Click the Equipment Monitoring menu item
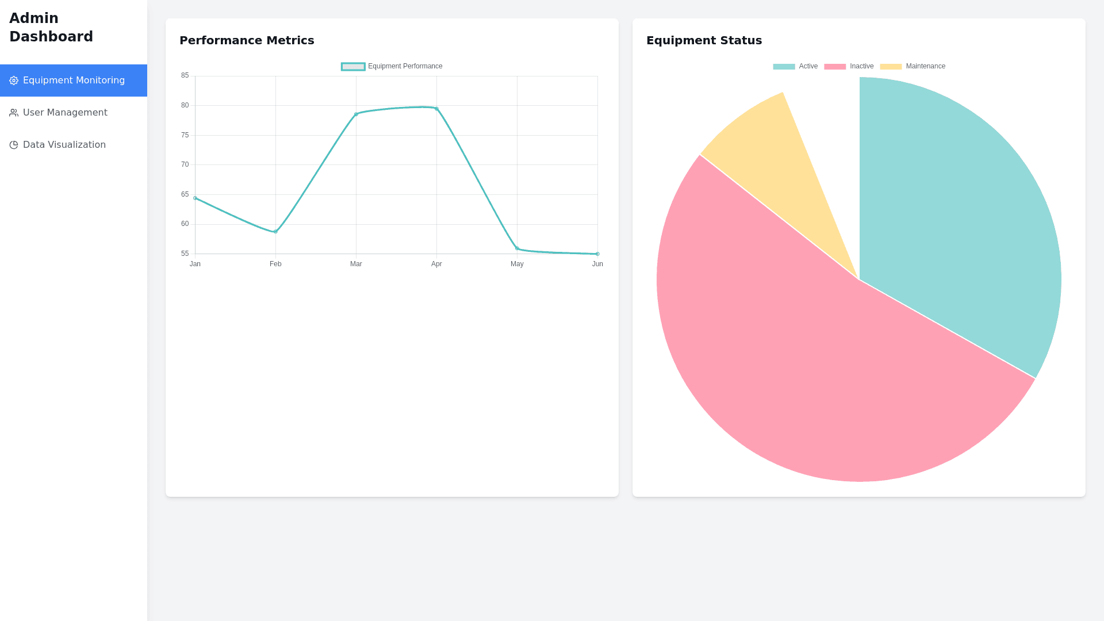(x=74, y=80)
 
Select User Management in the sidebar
(x=65, y=113)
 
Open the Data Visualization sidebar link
(x=64, y=145)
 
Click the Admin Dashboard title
(x=51, y=28)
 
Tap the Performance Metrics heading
(x=247, y=40)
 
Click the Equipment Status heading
(x=704, y=40)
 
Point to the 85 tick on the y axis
(x=185, y=75)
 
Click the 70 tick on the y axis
(x=185, y=164)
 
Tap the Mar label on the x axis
(x=356, y=264)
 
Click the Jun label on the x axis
(x=597, y=264)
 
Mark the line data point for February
(x=275, y=232)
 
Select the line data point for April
(x=436, y=109)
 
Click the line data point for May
(x=517, y=248)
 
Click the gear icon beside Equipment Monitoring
(x=14, y=80)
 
